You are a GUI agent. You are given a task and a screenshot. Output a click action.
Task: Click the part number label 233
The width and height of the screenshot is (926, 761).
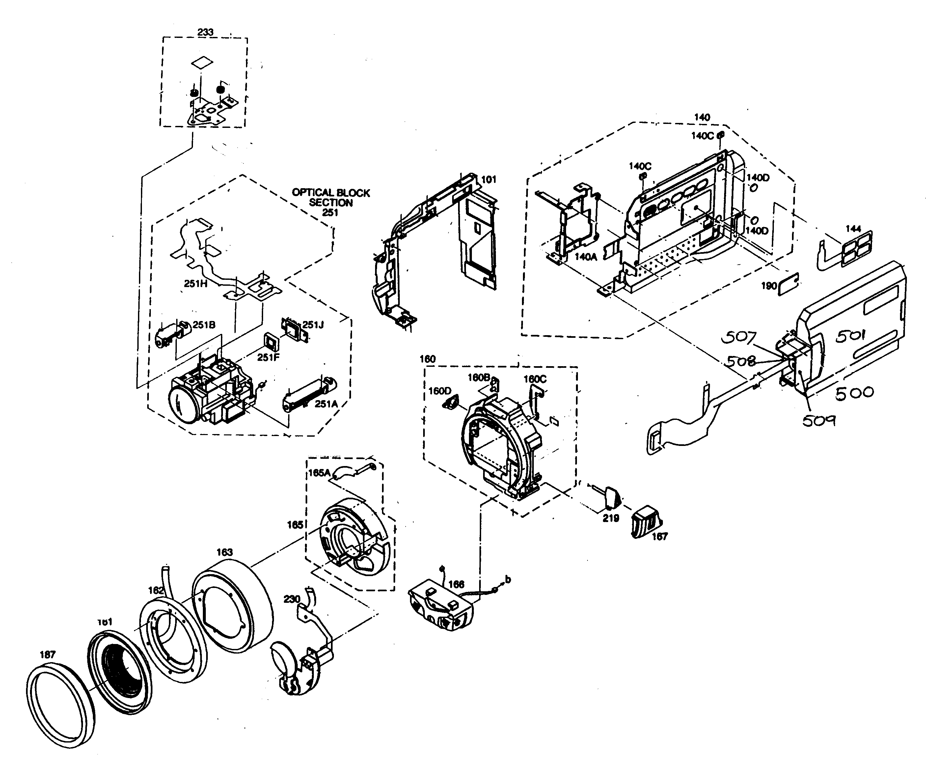(205, 32)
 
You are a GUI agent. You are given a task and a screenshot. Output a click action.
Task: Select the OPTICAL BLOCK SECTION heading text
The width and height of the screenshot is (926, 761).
(331, 197)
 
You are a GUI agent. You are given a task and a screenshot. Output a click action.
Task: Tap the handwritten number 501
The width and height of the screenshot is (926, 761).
(850, 336)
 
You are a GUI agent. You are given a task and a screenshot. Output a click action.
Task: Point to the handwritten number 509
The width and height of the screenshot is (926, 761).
(819, 421)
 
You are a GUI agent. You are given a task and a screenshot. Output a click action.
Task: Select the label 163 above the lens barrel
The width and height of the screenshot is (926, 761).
(224, 552)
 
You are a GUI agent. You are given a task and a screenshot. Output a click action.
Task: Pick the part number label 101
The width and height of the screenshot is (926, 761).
(488, 179)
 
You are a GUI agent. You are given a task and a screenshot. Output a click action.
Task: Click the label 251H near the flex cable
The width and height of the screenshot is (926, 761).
(195, 284)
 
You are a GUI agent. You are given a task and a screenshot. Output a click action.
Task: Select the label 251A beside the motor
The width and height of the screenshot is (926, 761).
(326, 404)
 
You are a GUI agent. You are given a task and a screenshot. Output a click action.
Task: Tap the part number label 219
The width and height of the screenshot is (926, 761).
(611, 518)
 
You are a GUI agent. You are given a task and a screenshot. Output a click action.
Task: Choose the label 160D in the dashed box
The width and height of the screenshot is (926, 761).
(439, 391)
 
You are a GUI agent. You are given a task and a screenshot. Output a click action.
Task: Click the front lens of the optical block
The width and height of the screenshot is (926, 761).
(183, 404)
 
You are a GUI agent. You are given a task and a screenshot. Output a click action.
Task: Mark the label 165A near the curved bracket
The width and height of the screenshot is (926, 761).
(319, 473)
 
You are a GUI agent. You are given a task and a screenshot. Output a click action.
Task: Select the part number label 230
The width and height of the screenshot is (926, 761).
(292, 599)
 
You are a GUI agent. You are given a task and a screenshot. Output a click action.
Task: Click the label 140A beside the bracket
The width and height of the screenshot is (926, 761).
(586, 257)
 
